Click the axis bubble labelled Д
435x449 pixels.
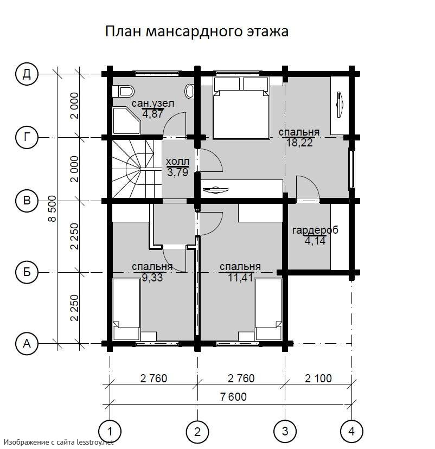[x=27, y=74]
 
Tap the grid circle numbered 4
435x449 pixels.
[x=351, y=431]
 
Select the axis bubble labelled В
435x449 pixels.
[x=27, y=200]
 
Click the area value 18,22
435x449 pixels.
[x=299, y=142]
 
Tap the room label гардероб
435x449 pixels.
[x=315, y=230]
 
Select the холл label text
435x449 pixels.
[x=177, y=162]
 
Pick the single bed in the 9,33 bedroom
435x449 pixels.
[x=126, y=310]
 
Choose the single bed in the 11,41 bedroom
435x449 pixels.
[x=268, y=309]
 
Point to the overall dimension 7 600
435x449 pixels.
[x=233, y=397]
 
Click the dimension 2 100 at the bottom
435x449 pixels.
[x=318, y=379]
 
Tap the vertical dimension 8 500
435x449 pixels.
[x=52, y=208]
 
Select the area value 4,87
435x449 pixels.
[x=152, y=114]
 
